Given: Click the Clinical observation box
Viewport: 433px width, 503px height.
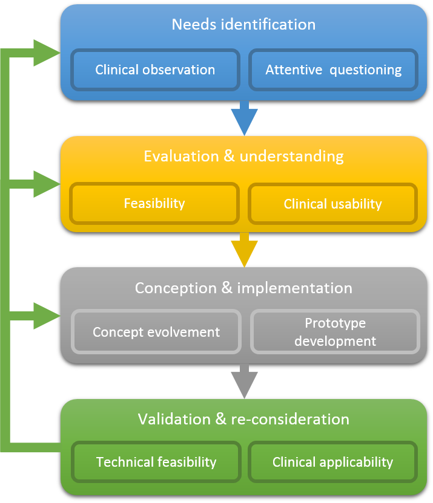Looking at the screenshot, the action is click(155, 70).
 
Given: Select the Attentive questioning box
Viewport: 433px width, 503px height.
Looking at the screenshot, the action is click(333, 70).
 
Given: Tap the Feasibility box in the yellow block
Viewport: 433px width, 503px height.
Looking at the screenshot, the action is click(154, 203).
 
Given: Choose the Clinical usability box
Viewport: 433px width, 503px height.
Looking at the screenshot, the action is click(333, 204).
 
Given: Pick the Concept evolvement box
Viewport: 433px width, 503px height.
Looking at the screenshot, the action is click(156, 332).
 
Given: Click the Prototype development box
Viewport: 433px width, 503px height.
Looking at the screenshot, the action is click(335, 332).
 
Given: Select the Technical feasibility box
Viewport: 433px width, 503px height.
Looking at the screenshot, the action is click(156, 462).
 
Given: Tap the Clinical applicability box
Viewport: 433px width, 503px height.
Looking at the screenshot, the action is click(333, 462).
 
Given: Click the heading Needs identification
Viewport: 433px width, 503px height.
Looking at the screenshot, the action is click(243, 24).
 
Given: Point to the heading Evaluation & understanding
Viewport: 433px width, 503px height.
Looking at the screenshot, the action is click(243, 157).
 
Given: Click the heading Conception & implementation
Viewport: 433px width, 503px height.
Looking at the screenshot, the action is click(243, 288).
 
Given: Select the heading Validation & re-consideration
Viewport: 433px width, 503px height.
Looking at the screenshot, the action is click(243, 420).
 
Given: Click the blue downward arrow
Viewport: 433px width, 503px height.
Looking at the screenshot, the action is click(245, 118).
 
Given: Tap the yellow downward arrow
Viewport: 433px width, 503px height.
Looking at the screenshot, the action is click(245, 250).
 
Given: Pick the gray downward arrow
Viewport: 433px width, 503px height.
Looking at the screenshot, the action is click(245, 381).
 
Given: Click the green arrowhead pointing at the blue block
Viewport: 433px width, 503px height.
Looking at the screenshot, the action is click(47, 53).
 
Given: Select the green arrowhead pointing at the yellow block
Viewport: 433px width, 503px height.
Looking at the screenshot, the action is click(47, 184).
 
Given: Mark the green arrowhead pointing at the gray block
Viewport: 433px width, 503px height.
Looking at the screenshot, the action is click(47, 316).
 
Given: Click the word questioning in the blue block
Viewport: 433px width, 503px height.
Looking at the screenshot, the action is click(366, 70).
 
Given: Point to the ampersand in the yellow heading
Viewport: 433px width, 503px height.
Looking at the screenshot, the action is click(229, 156).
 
